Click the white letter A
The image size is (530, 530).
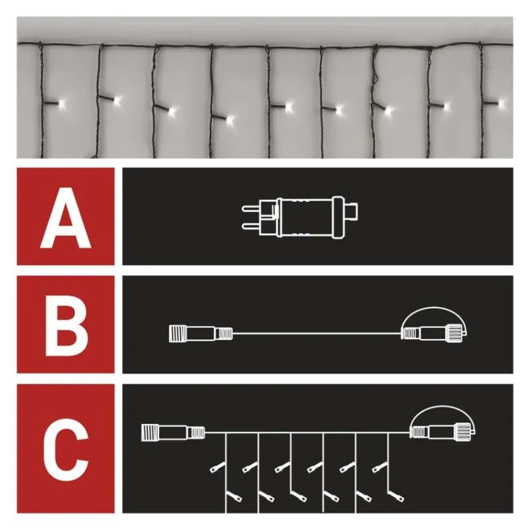[66, 218]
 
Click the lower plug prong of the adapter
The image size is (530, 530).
[251, 225]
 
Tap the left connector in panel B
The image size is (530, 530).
[201, 334]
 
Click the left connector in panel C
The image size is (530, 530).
[173, 433]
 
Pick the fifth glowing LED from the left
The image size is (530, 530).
[289, 107]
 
